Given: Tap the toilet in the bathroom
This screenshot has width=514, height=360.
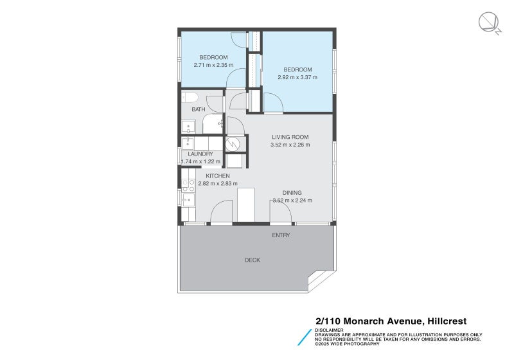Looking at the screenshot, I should point(189,97).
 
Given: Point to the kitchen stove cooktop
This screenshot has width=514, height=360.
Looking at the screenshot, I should point(189,186).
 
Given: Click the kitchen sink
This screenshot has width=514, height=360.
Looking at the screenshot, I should point(188,201).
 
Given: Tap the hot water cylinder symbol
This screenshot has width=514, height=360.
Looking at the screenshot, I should point(235,143).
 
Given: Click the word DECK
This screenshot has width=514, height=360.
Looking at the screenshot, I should point(253,260).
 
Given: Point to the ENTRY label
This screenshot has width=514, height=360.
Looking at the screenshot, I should point(281,235).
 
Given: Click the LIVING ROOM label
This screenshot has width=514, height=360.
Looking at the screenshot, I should point(290,137).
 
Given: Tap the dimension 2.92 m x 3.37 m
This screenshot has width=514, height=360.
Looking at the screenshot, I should point(297,77).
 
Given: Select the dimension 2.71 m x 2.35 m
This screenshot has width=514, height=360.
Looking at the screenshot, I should point(213,65).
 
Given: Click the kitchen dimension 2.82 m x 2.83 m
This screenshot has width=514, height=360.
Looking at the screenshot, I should point(218,184).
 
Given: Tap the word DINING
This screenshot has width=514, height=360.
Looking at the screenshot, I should point(292,193).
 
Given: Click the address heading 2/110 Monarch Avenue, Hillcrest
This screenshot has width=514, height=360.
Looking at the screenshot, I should point(391,321).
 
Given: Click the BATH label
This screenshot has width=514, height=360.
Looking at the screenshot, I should point(198,109).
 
